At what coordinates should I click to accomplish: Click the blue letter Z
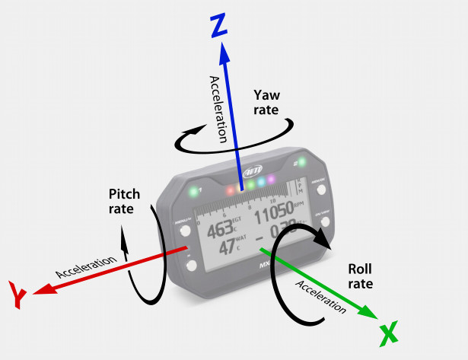218,27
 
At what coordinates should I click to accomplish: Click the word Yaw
267,95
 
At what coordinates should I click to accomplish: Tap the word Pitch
125,196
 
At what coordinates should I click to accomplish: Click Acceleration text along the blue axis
218,110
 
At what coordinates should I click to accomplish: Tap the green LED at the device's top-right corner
302,162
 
